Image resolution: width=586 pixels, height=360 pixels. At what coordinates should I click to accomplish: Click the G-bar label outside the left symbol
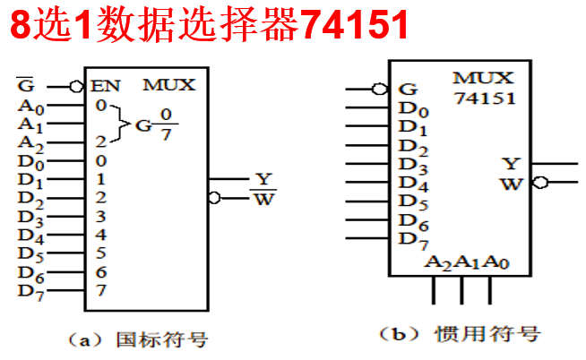[x=27, y=86]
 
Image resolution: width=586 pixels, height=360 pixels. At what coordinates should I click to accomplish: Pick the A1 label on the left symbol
[x=30, y=124]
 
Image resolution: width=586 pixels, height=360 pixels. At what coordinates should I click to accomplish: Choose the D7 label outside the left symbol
[x=30, y=291]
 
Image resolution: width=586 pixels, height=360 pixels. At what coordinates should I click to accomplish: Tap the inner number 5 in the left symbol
[x=100, y=253]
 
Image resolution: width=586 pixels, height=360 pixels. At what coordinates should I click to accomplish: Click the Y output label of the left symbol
[x=262, y=178]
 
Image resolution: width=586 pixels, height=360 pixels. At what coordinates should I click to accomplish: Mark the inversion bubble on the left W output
[x=213, y=197]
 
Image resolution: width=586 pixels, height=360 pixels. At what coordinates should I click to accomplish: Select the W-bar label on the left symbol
[x=263, y=198]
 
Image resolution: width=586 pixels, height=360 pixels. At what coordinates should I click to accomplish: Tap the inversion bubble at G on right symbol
[x=380, y=89]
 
